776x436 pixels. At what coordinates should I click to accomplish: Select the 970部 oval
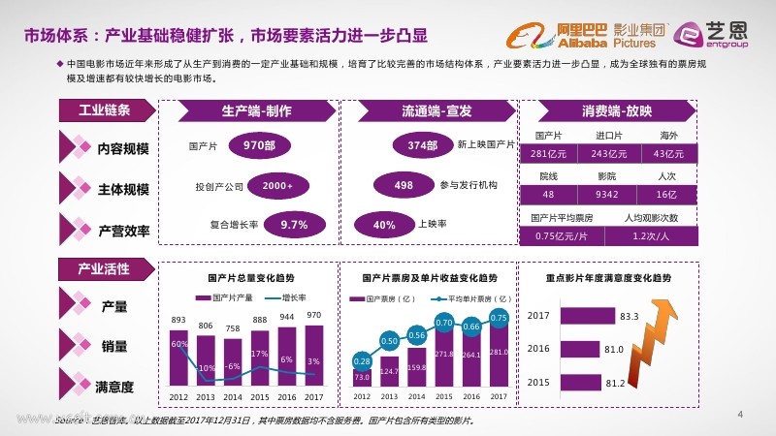click(x=257, y=146)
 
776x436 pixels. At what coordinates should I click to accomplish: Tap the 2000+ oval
click(x=278, y=185)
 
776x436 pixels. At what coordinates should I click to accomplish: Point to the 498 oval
click(x=404, y=185)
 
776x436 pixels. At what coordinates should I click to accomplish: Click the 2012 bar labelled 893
click(x=178, y=355)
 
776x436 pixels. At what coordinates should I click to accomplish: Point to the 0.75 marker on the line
click(x=499, y=317)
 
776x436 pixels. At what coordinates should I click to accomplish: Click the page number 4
click(x=740, y=416)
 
